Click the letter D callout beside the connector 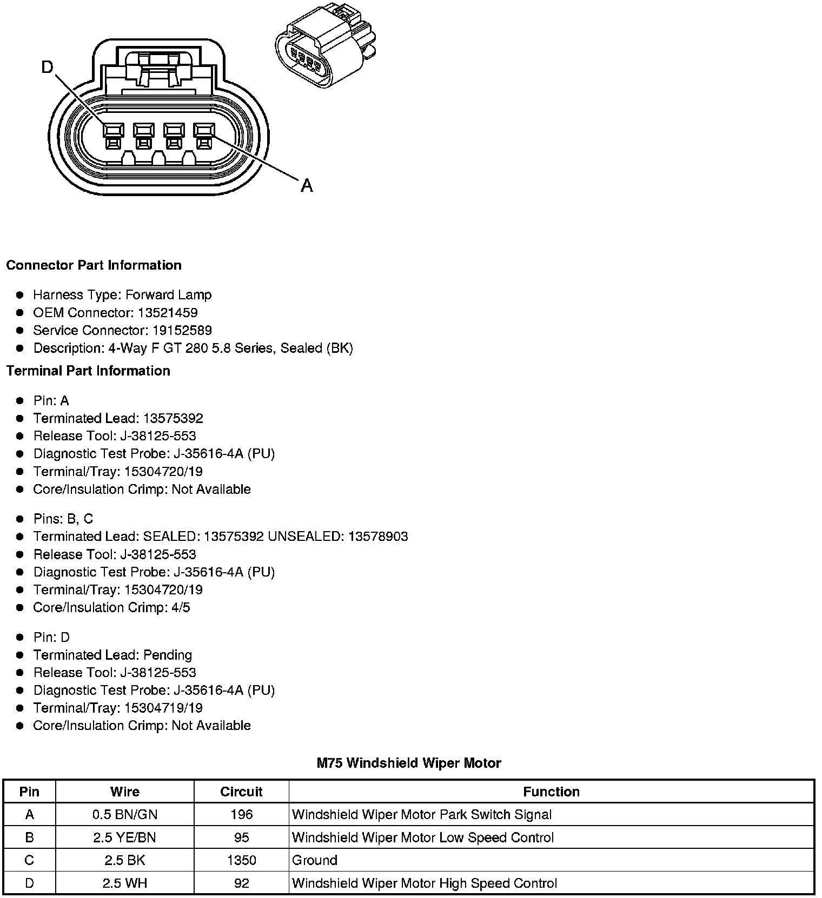(x=48, y=67)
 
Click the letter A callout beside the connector (x=307, y=185)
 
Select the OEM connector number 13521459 (x=168, y=312)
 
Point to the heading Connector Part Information (x=94, y=265)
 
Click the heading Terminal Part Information (x=88, y=371)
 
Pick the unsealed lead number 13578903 (x=378, y=537)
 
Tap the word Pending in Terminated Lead (x=168, y=655)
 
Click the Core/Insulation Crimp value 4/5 (x=181, y=607)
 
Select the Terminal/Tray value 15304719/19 (x=163, y=708)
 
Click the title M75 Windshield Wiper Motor (x=409, y=763)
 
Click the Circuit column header (x=241, y=792)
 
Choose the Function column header (x=551, y=792)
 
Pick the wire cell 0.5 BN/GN (x=125, y=814)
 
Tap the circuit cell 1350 (x=241, y=860)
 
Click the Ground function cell (x=315, y=860)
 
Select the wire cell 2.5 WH (x=125, y=883)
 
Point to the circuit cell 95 (x=241, y=837)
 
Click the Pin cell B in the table (x=29, y=837)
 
